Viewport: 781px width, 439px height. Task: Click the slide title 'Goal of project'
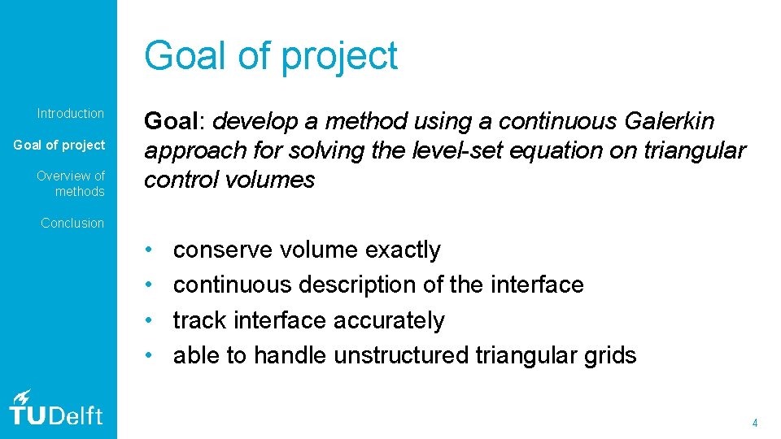click(271, 56)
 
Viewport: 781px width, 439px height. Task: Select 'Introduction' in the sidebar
click(71, 114)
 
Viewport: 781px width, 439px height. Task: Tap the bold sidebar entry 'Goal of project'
click(59, 146)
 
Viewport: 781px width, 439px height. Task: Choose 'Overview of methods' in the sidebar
click(71, 184)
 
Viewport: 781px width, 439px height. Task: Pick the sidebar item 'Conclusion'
click(72, 223)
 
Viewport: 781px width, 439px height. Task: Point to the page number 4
click(755, 423)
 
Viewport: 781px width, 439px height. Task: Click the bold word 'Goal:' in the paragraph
click(174, 122)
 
